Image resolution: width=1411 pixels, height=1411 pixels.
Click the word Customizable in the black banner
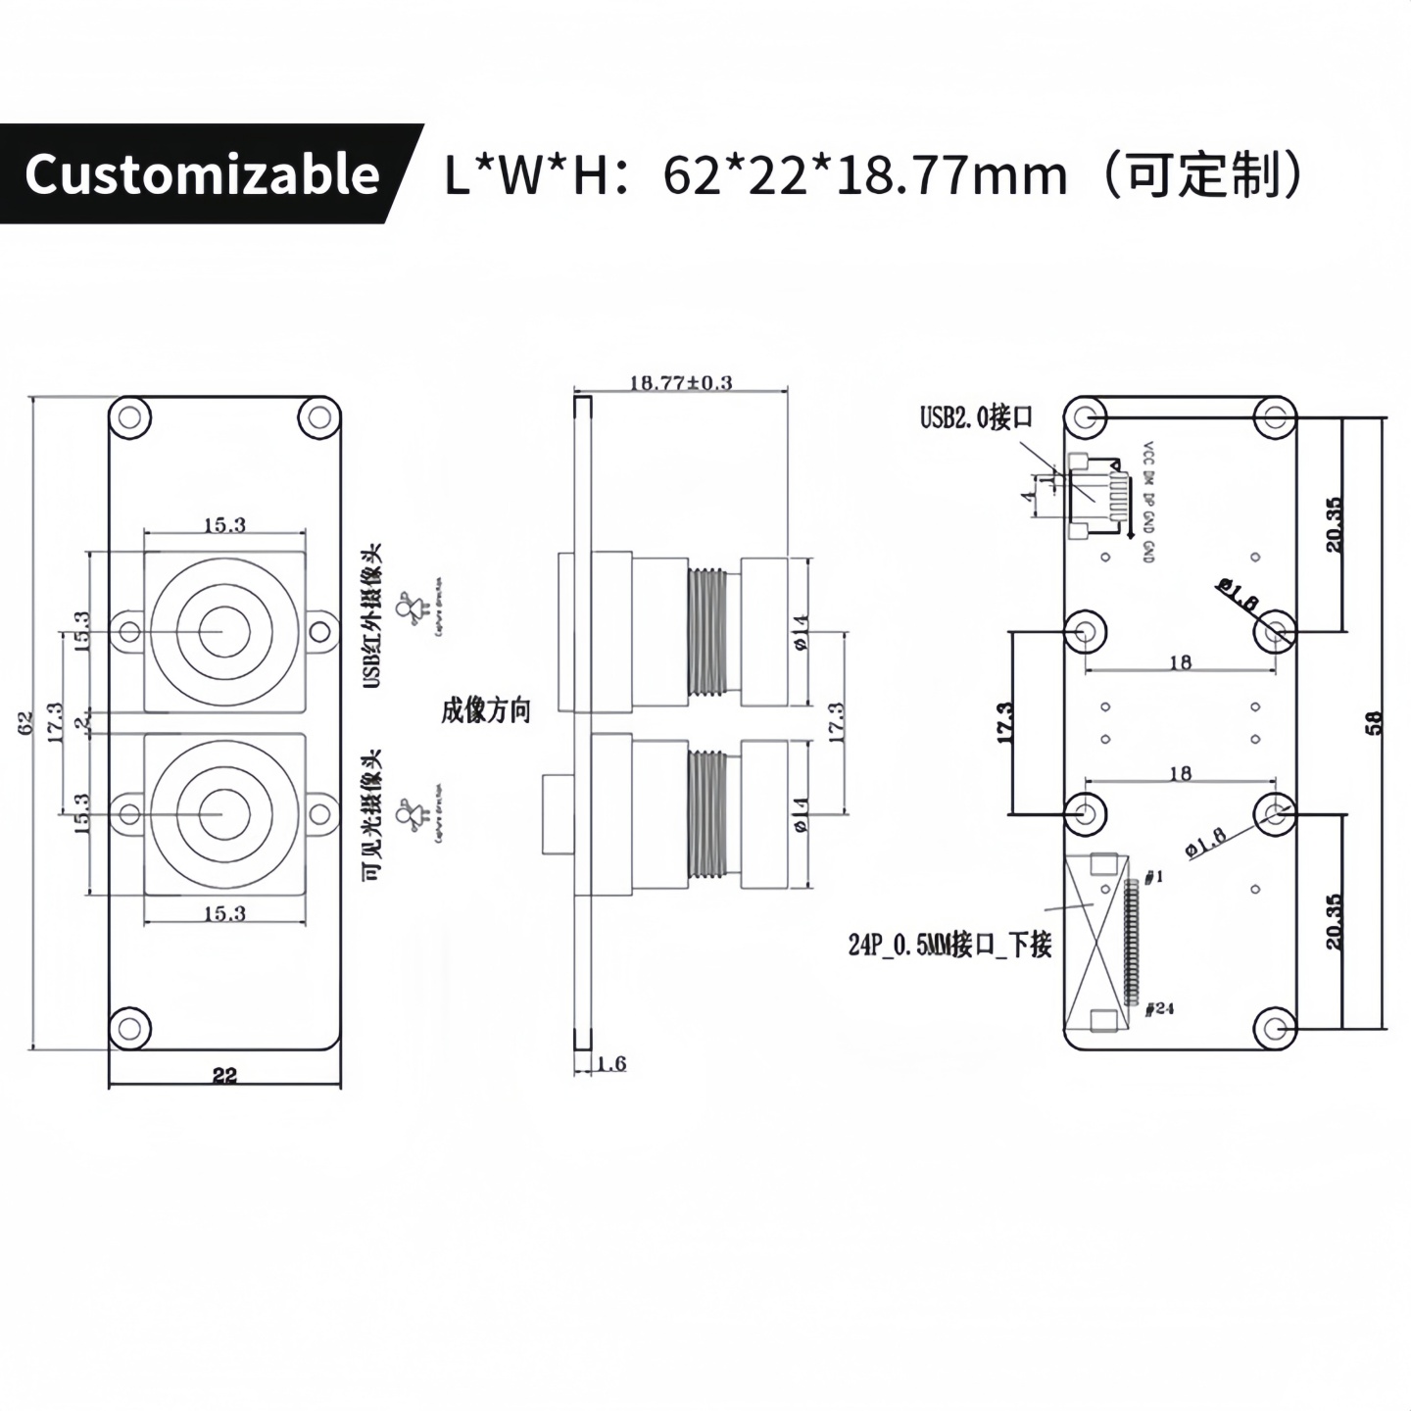tap(202, 174)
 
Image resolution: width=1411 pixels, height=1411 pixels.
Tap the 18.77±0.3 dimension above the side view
tap(680, 382)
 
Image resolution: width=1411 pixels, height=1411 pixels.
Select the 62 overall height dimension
tap(26, 722)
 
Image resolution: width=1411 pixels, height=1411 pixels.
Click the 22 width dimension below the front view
tap(224, 1075)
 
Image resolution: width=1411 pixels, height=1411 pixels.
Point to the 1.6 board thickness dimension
tap(610, 1063)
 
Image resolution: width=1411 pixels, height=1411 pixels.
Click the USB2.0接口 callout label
tap(976, 417)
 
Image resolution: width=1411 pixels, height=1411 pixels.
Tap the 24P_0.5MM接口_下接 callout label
tap(949, 945)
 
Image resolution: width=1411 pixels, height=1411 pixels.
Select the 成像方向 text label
tap(485, 710)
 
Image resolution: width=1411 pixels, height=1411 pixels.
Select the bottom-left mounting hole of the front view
tap(129, 1029)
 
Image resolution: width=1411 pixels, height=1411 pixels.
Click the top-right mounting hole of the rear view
tap(1275, 418)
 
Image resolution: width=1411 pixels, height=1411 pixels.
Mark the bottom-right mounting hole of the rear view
tap(1275, 1029)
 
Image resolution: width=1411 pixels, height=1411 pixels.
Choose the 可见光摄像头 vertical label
tap(372, 815)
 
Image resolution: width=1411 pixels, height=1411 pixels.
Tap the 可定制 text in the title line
tap(1202, 174)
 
